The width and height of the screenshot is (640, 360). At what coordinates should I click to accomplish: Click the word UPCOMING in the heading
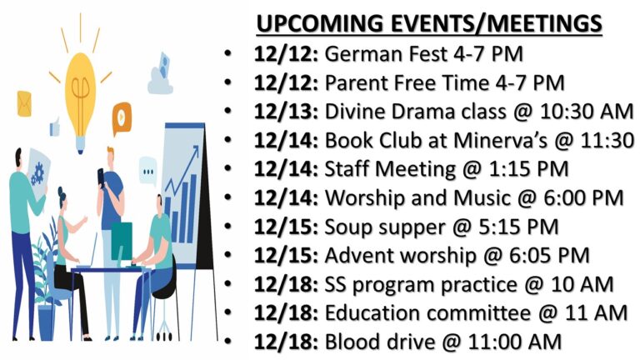[x=320, y=23]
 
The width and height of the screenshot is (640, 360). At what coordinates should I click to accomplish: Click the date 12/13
[x=285, y=112]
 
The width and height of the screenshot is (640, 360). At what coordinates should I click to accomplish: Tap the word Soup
[x=349, y=227]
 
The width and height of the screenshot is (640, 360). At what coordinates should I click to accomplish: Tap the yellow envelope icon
[x=24, y=103]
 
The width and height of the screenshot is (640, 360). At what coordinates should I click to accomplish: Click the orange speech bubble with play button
[x=122, y=118]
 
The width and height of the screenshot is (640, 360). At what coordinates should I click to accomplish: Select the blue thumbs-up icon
[x=55, y=127]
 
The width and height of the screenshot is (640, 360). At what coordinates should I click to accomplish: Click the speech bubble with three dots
[x=147, y=171]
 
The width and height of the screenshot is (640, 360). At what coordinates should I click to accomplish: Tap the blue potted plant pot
[x=46, y=322]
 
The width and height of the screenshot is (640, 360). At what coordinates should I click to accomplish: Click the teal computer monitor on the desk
[x=122, y=241]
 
